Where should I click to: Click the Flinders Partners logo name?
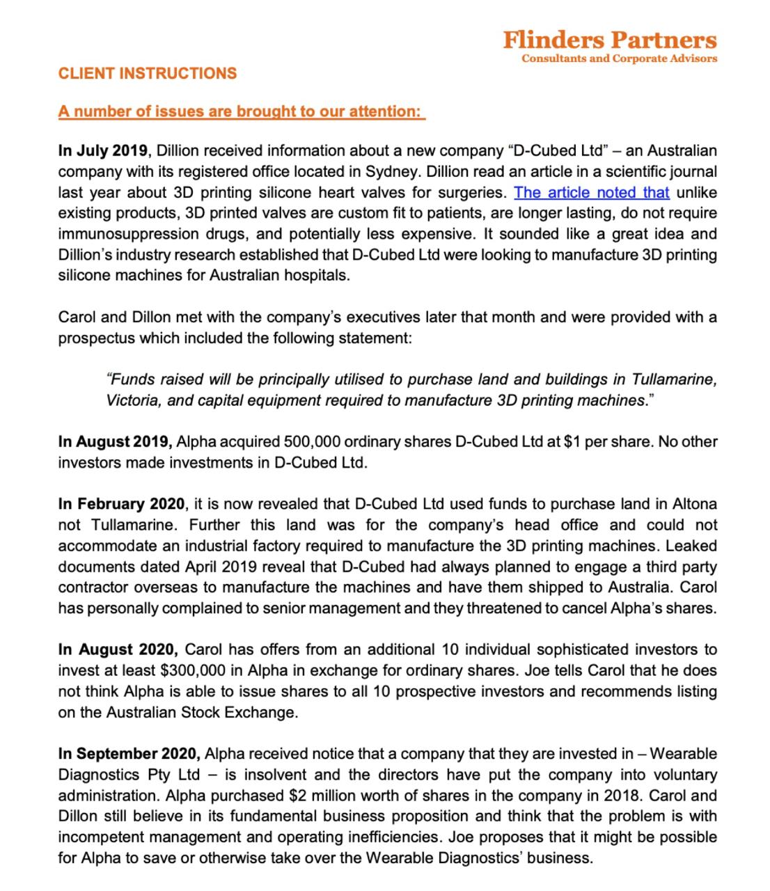[609, 40]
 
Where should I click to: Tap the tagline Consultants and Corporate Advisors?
[619, 58]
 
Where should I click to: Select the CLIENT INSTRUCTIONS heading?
[148, 74]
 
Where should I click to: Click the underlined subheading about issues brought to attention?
[241, 111]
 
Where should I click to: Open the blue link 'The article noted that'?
[591, 192]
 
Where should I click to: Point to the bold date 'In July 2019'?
[102, 150]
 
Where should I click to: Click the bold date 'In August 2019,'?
[115, 441]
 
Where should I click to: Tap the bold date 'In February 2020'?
[121, 504]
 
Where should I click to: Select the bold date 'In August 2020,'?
[118, 649]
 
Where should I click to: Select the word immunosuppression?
[125, 234]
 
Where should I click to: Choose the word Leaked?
[693, 546]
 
